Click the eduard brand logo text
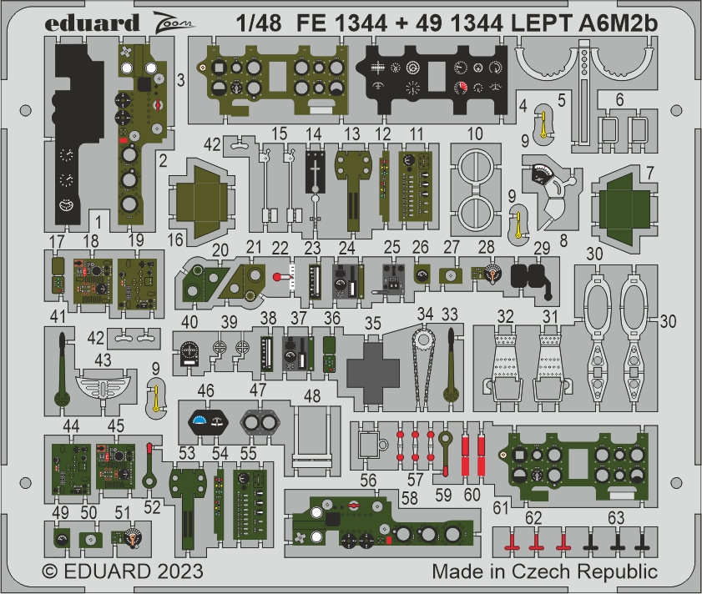click(x=91, y=23)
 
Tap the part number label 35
click(x=372, y=324)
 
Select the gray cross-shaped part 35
click(x=373, y=373)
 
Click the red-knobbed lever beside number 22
click(x=282, y=277)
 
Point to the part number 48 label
click(x=312, y=395)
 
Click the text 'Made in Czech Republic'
click(x=544, y=571)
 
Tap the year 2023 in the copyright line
click(x=180, y=571)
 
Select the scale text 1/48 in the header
click(x=258, y=23)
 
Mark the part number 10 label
click(x=475, y=133)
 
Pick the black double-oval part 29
click(x=532, y=277)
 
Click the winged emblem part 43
click(x=103, y=386)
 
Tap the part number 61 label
click(x=500, y=507)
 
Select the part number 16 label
click(x=175, y=239)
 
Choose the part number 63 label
click(x=615, y=518)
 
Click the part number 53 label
click(x=186, y=454)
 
